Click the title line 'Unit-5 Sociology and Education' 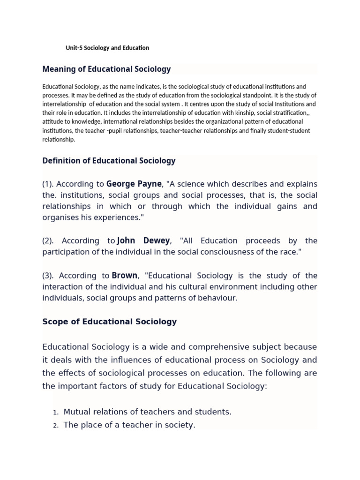(107, 48)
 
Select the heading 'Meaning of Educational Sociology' (106, 69)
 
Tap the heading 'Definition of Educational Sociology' (109, 161)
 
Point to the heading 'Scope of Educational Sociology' (109, 322)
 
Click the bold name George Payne (134, 183)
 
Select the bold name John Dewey (143, 241)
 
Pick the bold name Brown (125, 276)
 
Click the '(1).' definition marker (50, 184)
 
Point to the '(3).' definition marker (50, 276)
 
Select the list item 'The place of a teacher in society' (129, 425)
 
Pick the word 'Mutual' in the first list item (77, 412)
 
